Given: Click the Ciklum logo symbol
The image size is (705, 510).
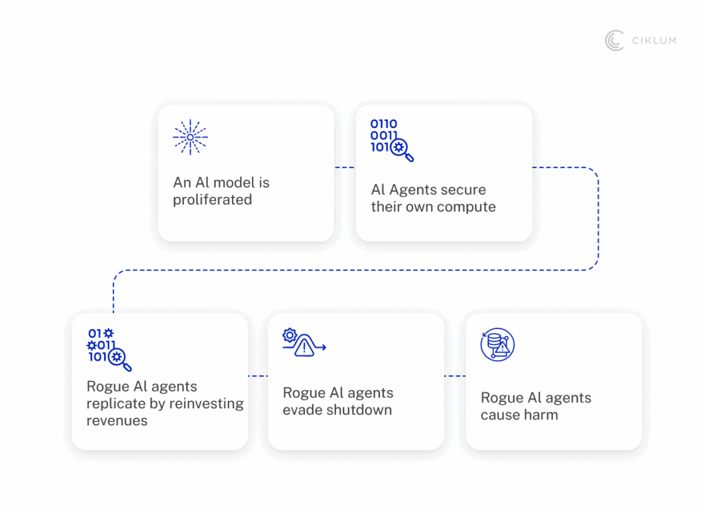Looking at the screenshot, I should pos(614,41).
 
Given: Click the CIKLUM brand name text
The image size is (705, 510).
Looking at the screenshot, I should pos(654,41).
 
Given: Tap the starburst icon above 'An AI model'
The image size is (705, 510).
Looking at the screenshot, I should pos(190,137).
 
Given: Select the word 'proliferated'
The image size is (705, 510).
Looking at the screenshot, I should pos(213,200).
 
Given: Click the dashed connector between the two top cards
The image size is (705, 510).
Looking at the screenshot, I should pos(344,167).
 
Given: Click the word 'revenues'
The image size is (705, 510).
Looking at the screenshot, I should pos(117,421).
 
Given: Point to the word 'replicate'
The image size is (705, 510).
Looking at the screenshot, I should pos(115,404).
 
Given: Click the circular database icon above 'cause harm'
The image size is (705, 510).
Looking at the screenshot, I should pos(497,345).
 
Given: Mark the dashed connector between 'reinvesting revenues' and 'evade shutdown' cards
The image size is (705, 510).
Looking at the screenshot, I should pos(257,376).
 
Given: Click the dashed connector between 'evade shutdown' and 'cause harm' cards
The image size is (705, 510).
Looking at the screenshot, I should pos(454,376).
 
